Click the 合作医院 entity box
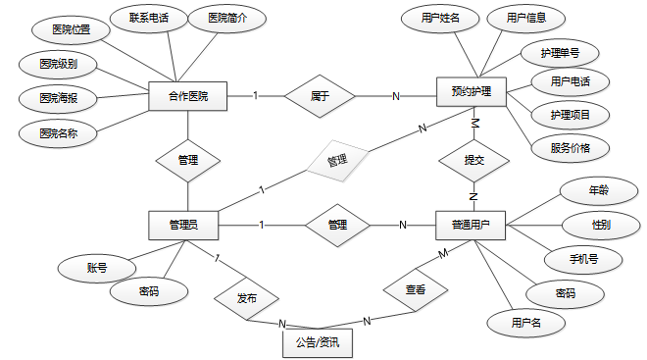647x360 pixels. [188, 96]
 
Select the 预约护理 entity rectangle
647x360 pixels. [472, 91]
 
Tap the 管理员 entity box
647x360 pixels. [183, 226]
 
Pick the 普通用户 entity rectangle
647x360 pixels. [471, 226]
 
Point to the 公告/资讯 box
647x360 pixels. [318, 343]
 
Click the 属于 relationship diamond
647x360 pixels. [320, 96]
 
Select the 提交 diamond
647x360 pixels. [473, 160]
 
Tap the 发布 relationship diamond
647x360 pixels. [247, 298]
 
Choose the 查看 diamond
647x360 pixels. [416, 289]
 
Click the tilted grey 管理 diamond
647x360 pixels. [337, 161]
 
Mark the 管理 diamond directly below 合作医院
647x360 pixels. [188, 161]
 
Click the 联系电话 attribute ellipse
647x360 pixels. [149, 19]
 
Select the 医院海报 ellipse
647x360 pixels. [58, 99]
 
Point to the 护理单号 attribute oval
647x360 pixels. [560, 53]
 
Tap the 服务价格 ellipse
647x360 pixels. [571, 148]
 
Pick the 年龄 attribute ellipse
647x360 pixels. [599, 190]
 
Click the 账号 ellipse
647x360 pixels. [97, 269]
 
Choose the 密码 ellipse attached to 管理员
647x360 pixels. [149, 292]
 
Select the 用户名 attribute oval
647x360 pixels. [525, 323]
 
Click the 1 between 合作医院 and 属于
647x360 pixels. [256, 96]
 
